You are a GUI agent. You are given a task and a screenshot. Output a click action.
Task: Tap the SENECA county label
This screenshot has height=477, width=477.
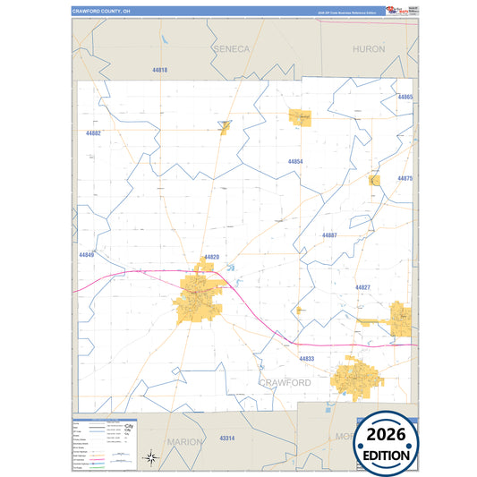coord(232,49)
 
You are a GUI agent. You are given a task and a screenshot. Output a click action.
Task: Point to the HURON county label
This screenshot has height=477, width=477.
coord(369,49)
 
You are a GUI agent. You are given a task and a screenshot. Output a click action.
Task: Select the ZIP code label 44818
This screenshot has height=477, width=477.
coord(160,69)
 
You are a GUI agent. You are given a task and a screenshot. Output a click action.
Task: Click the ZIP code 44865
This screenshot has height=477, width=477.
coord(405,97)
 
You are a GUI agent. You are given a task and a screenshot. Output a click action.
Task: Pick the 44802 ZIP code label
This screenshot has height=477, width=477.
coord(93,133)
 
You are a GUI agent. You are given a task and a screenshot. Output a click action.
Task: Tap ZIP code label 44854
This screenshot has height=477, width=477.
coord(295,162)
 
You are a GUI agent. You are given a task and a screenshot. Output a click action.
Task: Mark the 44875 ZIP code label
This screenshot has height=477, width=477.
coord(405,179)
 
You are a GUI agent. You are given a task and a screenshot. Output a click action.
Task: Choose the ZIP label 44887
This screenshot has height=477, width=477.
coord(329,234)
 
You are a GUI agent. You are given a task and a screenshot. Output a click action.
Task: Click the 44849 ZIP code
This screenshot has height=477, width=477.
coord(86,255)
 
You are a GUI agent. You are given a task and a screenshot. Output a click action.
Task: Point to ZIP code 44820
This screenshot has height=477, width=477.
coord(211,257)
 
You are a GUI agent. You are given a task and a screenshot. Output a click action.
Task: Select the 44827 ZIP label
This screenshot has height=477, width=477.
coord(362,287)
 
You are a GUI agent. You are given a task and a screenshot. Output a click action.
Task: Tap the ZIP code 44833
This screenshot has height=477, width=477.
coord(307,359)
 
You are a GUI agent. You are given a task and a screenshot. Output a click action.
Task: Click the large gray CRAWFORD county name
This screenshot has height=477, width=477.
coord(285,382)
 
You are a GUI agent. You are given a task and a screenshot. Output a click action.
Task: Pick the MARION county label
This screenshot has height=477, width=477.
coord(185,441)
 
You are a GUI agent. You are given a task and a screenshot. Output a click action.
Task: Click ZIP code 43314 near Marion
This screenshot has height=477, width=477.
coord(226,438)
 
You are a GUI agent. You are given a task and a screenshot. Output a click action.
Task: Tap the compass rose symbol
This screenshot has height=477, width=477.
coord(152,459)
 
